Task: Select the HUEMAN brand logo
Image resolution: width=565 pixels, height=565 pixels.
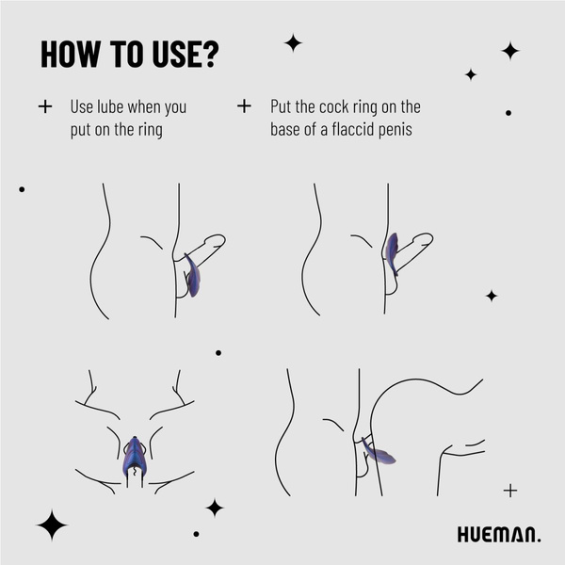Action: click(498, 535)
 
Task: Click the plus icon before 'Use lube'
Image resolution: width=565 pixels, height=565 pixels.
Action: click(44, 106)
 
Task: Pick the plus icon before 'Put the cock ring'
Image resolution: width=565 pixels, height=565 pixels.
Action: click(244, 106)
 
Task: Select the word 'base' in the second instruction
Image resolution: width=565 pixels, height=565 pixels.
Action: click(288, 129)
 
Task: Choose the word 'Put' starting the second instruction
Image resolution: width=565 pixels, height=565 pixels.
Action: click(283, 106)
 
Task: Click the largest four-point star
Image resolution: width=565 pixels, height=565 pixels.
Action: click(51, 525)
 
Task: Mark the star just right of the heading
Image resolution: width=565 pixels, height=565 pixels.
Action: click(293, 42)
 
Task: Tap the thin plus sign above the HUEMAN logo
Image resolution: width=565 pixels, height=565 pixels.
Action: click(510, 490)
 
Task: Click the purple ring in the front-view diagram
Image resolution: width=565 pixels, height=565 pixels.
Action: click(134, 456)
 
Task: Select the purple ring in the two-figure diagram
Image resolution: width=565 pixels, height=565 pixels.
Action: click(379, 454)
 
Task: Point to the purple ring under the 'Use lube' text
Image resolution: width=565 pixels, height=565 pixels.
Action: click(192, 276)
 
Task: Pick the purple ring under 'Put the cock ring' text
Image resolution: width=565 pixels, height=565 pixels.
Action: click(392, 252)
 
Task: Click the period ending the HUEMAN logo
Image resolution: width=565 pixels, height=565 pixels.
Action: click(539, 541)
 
